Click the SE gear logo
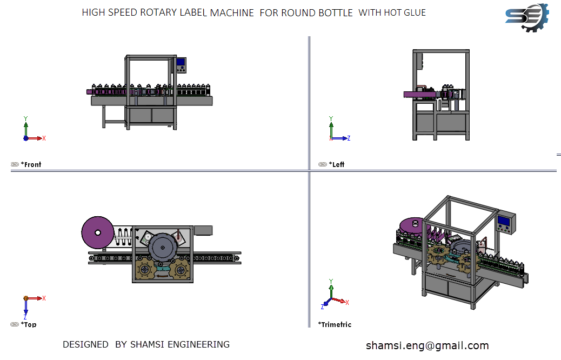click(527, 18)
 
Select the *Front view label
click(31, 165)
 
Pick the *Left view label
click(337, 165)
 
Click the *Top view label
click(29, 324)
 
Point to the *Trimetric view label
click(335, 324)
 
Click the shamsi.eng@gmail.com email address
click(427, 346)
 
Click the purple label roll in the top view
click(98, 232)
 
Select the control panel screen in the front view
click(181, 62)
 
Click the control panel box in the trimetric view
click(505, 222)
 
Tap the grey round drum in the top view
click(163, 248)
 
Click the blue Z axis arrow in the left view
click(340, 138)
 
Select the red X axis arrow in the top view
click(35, 298)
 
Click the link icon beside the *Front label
click(15, 165)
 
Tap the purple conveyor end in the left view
click(419, 94)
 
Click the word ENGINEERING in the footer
click(198, 344)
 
